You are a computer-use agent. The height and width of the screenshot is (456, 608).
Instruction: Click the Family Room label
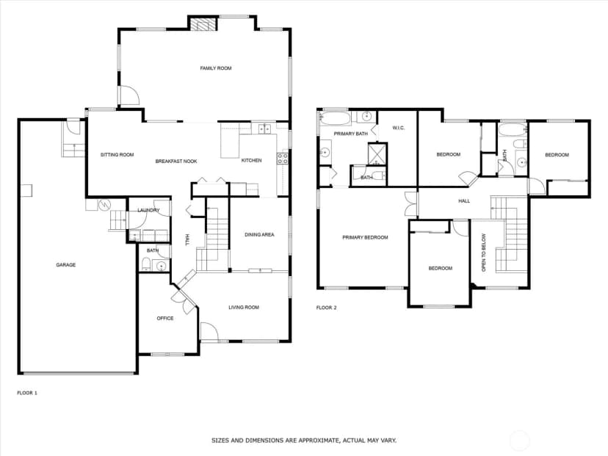coord(216,68)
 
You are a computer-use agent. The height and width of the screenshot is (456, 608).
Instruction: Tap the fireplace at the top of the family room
coord(203,24)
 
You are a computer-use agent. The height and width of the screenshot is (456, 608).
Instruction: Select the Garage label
coord(66,265)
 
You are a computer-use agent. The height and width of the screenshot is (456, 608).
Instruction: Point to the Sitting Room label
coord(117,155)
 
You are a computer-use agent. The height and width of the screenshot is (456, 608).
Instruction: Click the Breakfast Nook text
coord(176,162)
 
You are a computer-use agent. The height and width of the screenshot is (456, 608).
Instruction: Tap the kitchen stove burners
coord(282,158)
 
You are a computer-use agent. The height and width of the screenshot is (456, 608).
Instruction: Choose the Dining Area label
coord(259,234)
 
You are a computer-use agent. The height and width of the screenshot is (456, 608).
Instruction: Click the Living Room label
coord(244,308)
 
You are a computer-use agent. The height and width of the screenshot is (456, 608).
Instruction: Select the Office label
coord(165,319)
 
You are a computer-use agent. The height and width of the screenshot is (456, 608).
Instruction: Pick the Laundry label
coord(148,210)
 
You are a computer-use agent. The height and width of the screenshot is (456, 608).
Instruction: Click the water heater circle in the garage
coord(104,204)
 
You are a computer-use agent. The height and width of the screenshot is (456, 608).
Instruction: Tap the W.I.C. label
coord(399,128)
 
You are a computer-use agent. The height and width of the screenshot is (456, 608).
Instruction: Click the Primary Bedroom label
coord(365,237)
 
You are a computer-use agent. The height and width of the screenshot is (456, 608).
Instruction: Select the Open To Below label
coord(483,253)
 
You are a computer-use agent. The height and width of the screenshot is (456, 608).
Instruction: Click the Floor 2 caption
coord(327,308)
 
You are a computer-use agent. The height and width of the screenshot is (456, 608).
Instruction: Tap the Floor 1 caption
coord(27,393)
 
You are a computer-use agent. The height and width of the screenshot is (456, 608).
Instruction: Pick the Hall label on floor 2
coord(464,201)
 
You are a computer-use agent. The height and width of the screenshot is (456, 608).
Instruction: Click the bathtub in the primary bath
coord(336,118)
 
